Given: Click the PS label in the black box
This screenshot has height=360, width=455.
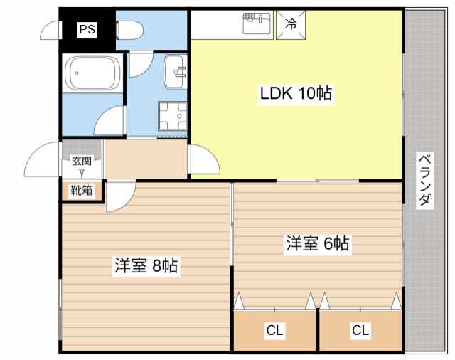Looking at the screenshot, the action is (x=87, y=29).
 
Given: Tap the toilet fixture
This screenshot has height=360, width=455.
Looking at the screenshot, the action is (x=129, y=30).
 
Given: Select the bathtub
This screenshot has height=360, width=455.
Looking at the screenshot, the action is (x=92, y=73).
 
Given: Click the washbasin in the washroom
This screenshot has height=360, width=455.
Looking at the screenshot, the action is (x=176, y=72).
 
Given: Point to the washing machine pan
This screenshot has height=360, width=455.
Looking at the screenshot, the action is (x=172, y=116).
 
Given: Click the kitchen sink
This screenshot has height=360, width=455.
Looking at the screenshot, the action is (x=257, y=23).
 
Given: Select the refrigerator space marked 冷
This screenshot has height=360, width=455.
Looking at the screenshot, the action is (x=291, y=25).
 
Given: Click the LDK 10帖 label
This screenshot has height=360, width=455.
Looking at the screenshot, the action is (x=296, y=93).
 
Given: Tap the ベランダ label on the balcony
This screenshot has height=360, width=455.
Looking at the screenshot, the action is (x=425, y=180).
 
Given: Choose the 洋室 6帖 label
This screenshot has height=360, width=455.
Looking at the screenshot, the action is (x=318, y=243).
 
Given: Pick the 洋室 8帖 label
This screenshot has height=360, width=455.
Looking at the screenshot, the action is (x=146, y=265).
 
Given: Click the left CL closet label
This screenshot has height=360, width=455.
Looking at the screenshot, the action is (x=274, y=330).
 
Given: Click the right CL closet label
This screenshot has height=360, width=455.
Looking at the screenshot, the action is (x=360, y=330).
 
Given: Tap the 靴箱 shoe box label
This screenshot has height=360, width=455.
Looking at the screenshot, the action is (x=82, y=191).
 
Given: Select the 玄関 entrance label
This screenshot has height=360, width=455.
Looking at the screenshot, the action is (x=82, y=161).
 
